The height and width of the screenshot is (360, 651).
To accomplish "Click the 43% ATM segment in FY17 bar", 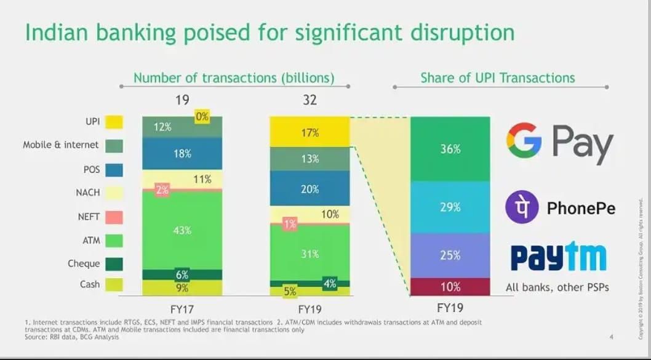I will coord(182,230).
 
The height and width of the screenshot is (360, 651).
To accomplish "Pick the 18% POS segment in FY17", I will coord(182,154).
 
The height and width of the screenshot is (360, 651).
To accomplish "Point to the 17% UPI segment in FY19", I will coord(310,132).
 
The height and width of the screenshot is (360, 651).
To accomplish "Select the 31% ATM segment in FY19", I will coord(310,253).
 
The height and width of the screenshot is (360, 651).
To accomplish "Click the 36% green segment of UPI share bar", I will coord(450,149).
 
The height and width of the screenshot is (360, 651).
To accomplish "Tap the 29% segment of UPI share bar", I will coord(450,207).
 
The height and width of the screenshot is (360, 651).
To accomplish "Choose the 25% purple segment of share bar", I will coord(450,255).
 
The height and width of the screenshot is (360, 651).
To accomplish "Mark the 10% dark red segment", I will coord(450,286).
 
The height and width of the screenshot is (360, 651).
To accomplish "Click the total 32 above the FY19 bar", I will coord(310,100).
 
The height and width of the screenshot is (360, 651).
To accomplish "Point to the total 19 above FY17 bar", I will coord(182,100).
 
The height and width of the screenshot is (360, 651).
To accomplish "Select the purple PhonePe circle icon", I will coord(522,207).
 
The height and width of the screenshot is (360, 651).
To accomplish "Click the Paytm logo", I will coord(557,257).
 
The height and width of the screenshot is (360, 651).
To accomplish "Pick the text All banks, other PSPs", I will coord(557,287).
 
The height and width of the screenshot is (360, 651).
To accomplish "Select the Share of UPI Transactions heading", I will coord(497,78).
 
